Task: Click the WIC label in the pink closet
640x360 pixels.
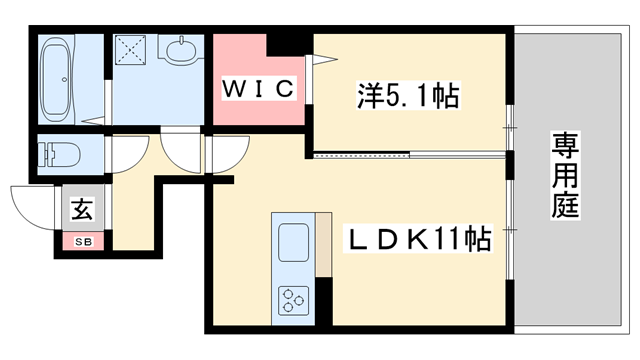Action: pos(257,89)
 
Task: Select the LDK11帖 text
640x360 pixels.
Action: pos(418,240)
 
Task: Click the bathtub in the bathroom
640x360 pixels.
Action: pos(56,79)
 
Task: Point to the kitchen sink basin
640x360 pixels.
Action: pos(293,243)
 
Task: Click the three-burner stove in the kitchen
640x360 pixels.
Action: pos(293,298)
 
